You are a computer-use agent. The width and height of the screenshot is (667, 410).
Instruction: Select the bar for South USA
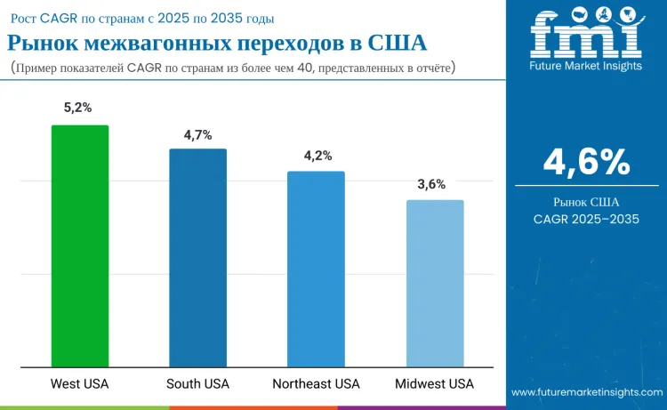click(x=198, y=257)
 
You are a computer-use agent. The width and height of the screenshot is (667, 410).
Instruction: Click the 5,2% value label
click(x=78, y=108)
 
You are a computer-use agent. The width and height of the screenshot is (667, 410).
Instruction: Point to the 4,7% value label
click(x=197, y=134)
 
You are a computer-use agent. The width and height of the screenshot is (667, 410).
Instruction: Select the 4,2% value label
click(x=317, y=156)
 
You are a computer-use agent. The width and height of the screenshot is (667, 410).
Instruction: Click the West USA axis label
click(x=81, y=384)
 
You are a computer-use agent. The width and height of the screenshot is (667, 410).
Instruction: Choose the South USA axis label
click(x=197, y=384)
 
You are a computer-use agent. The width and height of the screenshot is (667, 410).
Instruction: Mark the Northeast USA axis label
click(x=316, y=384)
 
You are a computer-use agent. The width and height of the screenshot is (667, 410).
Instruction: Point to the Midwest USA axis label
click(x=435, y=384)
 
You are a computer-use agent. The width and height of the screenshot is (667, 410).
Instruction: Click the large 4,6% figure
click(x=586, y=163)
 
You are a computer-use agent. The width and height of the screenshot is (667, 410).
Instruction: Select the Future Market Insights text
click(x=586, y=66)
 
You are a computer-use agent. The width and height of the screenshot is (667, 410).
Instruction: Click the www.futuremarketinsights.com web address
click(x=587, y=391)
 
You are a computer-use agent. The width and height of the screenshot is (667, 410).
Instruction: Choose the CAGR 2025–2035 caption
click(x=586, y=218)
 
